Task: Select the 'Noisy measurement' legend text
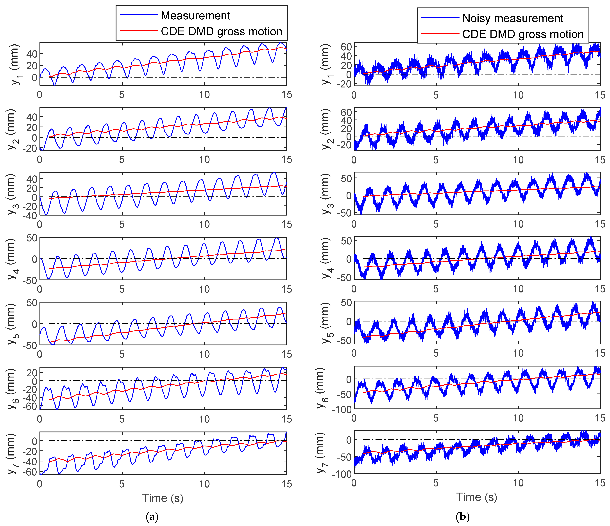click(513, 18)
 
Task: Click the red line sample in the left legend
click(139, 31)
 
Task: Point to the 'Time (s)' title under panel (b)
click(477, 497)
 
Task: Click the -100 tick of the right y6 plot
click(342, 409)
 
